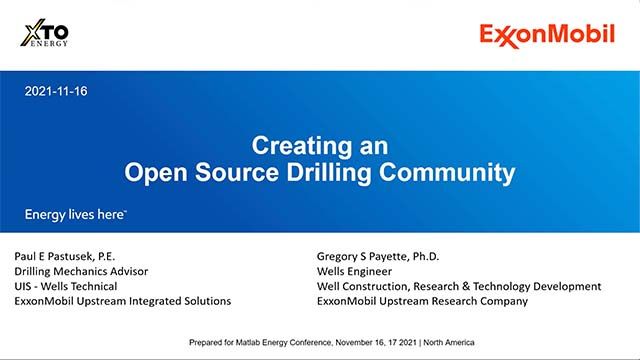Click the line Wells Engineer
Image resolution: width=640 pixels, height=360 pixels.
tap(354, 270)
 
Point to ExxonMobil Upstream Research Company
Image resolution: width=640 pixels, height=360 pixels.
tap(422, 301)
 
